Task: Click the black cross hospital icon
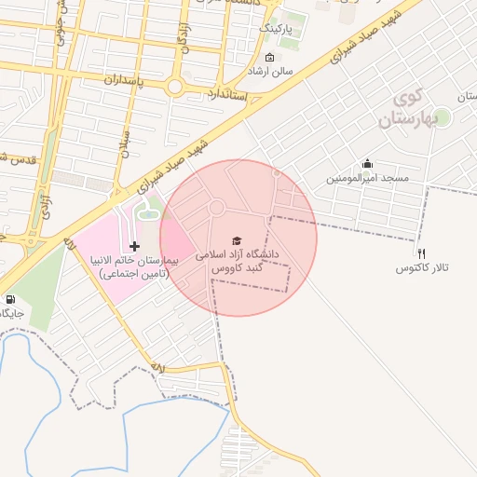(136, 246)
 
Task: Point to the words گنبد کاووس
(237, 268)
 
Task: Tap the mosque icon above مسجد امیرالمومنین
(367, 163)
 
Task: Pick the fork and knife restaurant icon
(421, 252)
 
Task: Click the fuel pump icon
(10, 300)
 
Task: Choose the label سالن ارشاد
(270, 71)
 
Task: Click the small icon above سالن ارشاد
(270, 58)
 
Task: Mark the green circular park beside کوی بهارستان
(442, 116)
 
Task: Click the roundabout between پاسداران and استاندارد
(175, 88)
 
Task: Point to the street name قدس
(19, 158)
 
